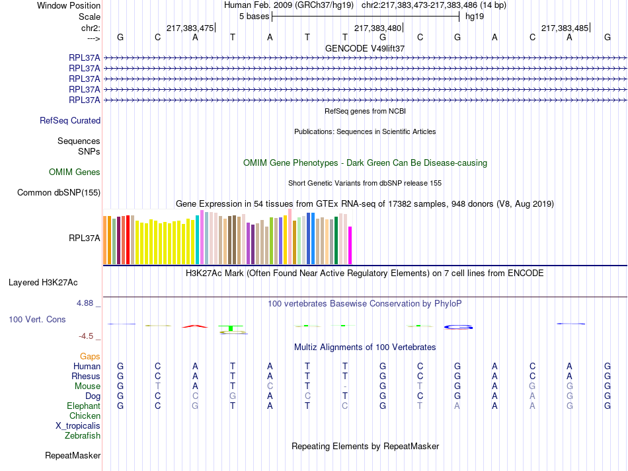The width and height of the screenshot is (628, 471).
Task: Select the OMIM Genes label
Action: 75,172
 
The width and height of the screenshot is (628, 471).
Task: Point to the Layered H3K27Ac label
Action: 43,283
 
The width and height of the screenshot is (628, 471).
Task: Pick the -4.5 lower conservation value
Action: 87,336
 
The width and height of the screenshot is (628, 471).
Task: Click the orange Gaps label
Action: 90,357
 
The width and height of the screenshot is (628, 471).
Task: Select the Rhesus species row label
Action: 86,377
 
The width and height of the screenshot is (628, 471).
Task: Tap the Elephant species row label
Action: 83,406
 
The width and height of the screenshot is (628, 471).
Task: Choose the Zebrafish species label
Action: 83,436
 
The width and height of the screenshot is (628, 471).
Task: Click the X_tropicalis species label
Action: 78,426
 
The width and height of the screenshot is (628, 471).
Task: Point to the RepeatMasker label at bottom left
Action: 73,456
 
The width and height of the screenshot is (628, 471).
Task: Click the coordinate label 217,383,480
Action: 377,28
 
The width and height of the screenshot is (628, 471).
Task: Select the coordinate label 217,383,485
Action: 565,28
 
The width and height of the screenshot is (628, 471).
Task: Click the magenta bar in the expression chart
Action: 350,245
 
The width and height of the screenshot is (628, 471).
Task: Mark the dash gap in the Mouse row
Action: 345,386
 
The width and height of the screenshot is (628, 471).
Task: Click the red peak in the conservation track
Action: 194,326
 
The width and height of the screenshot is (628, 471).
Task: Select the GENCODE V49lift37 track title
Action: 365,49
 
